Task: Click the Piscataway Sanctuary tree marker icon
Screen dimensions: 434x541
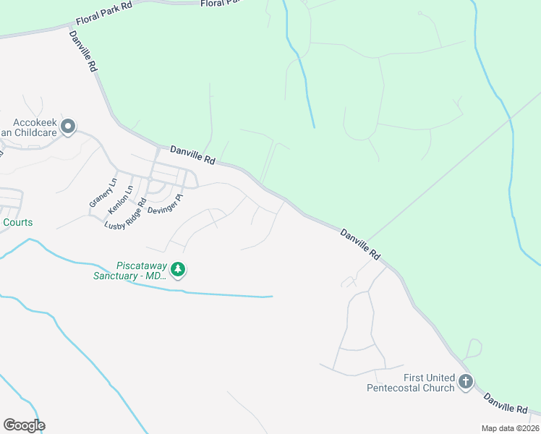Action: pos(178,270)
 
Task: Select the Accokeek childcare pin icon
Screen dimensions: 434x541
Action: pos(68,128)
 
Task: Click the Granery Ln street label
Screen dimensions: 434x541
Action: pos(103,193)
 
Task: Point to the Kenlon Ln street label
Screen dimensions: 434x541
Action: pos(120,199)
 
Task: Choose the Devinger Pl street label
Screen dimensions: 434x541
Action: pos(166,203)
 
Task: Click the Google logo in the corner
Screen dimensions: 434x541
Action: pos(24,425)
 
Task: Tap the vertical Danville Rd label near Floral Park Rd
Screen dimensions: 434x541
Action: pos(84,51)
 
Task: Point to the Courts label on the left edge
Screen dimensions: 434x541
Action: pos(17,222)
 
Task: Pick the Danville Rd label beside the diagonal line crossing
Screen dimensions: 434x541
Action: pos(360,244)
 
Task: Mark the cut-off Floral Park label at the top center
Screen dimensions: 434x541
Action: pos(220,3)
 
